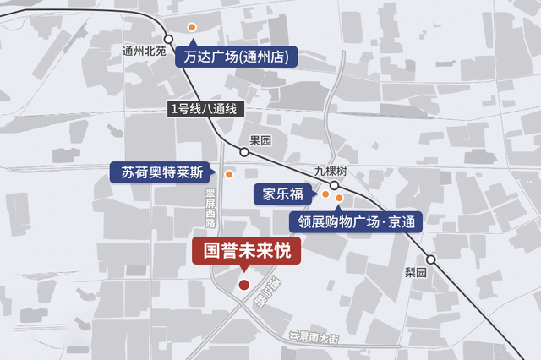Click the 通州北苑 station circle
click(169, 39)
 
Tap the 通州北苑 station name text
click(145, 51)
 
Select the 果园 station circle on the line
click(244, 152)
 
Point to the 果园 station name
click(260, 140)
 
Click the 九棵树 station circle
click(334, 185)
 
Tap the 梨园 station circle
click(431, 259)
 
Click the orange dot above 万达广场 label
click(192, 28)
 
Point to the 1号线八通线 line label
click(206, 109)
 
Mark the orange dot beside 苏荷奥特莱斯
click(228, 174)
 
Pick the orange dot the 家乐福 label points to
click(325, 194)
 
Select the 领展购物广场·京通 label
click(355, 222)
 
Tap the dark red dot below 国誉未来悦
click(243, 286)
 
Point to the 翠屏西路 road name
click(210, 208)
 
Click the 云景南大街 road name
click(314, 337)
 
